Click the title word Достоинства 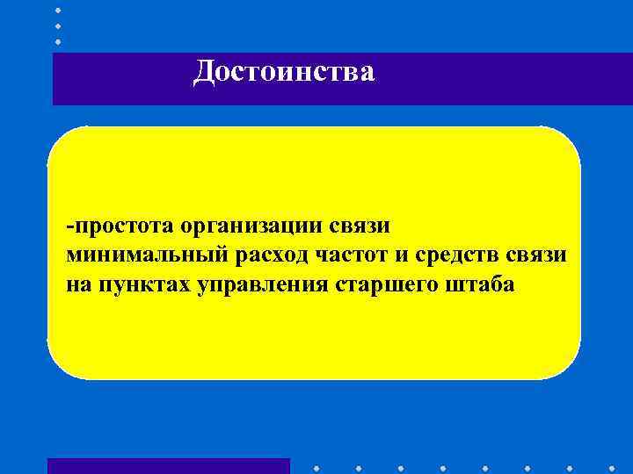click(284, 72)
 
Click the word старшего click(383, 284)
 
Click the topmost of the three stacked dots click(58, 10)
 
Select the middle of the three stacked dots click(58, 25)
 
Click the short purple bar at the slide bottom click(168, 466)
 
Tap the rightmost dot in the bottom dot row click(613, 466)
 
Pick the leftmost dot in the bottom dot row click(315, 466)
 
